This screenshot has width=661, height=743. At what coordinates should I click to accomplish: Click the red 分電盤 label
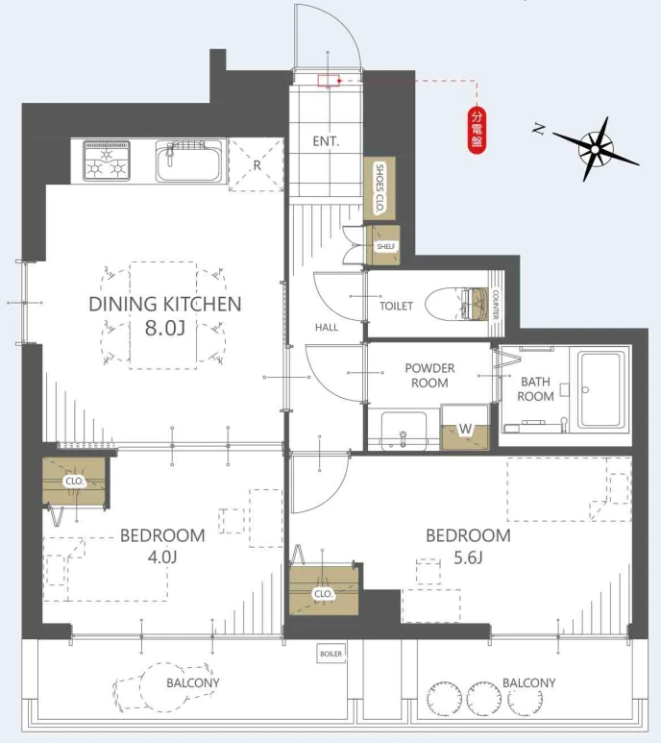pos(477,131)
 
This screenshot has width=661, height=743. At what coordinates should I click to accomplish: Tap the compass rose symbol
pos(595,149)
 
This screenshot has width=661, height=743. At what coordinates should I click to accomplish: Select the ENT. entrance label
pos(326,141)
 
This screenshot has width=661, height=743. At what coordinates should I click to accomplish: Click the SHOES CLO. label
pos(379,187)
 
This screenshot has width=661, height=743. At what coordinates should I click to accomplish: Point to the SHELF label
pos(386,246)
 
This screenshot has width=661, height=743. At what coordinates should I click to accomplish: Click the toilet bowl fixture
pos(456,305)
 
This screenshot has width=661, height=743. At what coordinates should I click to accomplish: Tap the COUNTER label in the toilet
pos(496,305)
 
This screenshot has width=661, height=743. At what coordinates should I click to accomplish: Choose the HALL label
pos(327,327)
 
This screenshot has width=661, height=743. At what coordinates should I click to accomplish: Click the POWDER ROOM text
pos(429,375)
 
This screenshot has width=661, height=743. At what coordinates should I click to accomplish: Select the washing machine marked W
pos(464,427)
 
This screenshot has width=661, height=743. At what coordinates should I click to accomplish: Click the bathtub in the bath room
pos(600,389)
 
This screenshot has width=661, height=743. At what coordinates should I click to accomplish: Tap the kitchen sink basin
pos(189,161)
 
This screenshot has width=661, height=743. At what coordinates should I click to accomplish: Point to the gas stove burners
pos(107,161)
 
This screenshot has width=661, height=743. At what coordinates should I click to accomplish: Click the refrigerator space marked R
pos(257,165)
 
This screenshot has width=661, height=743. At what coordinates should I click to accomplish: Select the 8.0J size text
pos(165,328)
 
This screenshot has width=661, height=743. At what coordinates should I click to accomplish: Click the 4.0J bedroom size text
pos(162,557)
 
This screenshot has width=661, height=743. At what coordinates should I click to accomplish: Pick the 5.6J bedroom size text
pos(468,557)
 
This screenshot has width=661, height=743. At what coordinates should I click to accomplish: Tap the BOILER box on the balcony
pos(330,654)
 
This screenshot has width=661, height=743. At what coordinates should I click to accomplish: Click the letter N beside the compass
pos(539,129)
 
